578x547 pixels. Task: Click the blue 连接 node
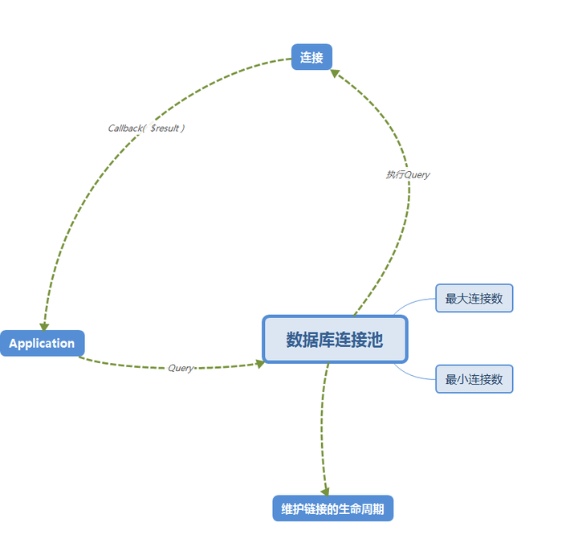[311, 57]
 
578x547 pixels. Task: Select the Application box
[42, 343]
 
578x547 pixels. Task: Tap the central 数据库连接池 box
[335, 339]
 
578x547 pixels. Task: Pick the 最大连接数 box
[474, 298]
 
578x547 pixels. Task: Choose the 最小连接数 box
[474, 379]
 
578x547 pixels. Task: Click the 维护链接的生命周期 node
[332, 508]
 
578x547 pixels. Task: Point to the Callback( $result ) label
[147, 128]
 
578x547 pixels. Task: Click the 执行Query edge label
[407, 174]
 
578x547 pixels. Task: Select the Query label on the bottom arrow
[181, 368]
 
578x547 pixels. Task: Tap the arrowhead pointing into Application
[44, 326]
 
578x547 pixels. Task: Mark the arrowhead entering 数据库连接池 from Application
[259, 363]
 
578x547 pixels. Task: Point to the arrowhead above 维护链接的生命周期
[325, 491]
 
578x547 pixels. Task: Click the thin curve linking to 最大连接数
[413, 303]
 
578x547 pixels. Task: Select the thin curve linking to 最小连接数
[413, 375]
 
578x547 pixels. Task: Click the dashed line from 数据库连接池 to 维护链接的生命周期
[322, 426]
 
